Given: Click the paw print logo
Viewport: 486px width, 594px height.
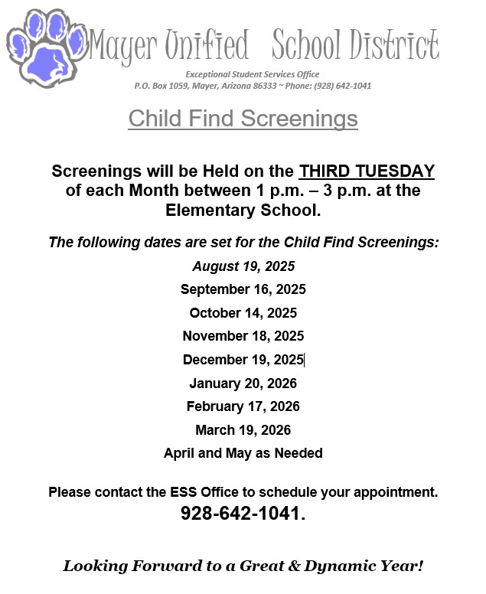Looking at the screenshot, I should (46, 47).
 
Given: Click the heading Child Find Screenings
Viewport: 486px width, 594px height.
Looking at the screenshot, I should (243, 119).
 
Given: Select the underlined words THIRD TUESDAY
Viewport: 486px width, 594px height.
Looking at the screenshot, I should (367, 171).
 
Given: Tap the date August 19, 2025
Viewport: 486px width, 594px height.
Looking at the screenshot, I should (243, 266).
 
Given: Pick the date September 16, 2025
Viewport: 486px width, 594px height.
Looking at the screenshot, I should (243, 289).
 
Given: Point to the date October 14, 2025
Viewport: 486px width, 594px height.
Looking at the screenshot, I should (243, 312).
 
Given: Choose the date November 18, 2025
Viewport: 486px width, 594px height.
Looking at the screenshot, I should (243, 335).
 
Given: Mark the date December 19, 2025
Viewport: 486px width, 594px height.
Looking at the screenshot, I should (243, 360).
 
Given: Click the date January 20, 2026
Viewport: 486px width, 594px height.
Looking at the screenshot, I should (243, 383).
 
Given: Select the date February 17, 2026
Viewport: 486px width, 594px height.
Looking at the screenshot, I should (243, 406).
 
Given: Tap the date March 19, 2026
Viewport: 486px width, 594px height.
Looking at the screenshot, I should (243, 429).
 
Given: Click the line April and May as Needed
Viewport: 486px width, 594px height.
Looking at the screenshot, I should (243, 453).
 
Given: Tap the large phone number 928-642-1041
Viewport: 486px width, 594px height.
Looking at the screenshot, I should (242, 514).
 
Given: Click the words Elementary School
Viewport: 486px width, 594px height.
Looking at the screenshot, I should (243, 209).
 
